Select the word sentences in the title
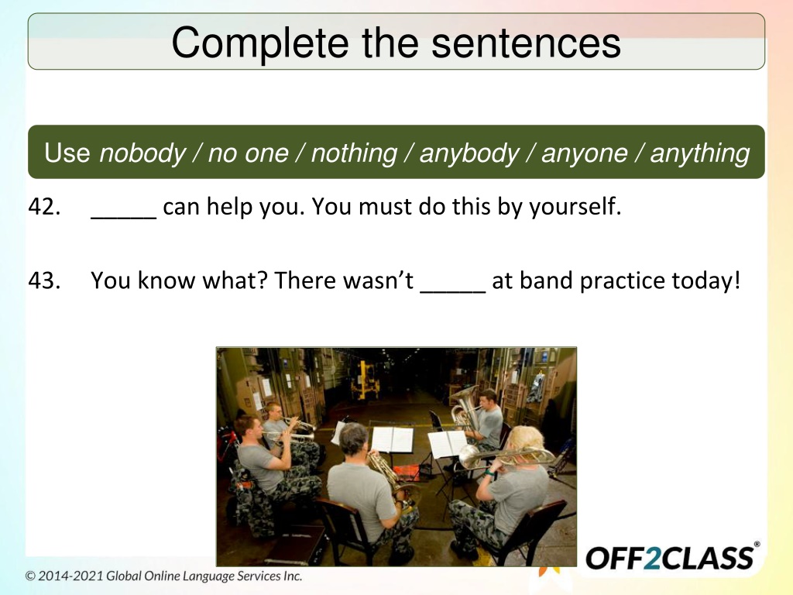pyautogui.click(x=526, y=43)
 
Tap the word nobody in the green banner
pyautogui.click(x=142, y=153)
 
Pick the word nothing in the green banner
pyautogui.click(x=354, y=153)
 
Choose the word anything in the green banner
pyautogui.click(x=700, y=153)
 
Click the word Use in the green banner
pyautogui.click(x=67, y=153)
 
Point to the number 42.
pyautogui.click(x=44, y=206)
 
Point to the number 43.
pyautogui.click(x=44, y=280)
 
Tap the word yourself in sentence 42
pyautogui.click(x=575, y=206)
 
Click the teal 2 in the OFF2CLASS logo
pyautogui.click(x=652, y=558)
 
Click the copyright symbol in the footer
pyautogui.click(x=30, y=576)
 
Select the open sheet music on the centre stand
pyautogui.click(x=393, y=439)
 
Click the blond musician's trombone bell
pyautogui.click(x=470, y=457)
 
